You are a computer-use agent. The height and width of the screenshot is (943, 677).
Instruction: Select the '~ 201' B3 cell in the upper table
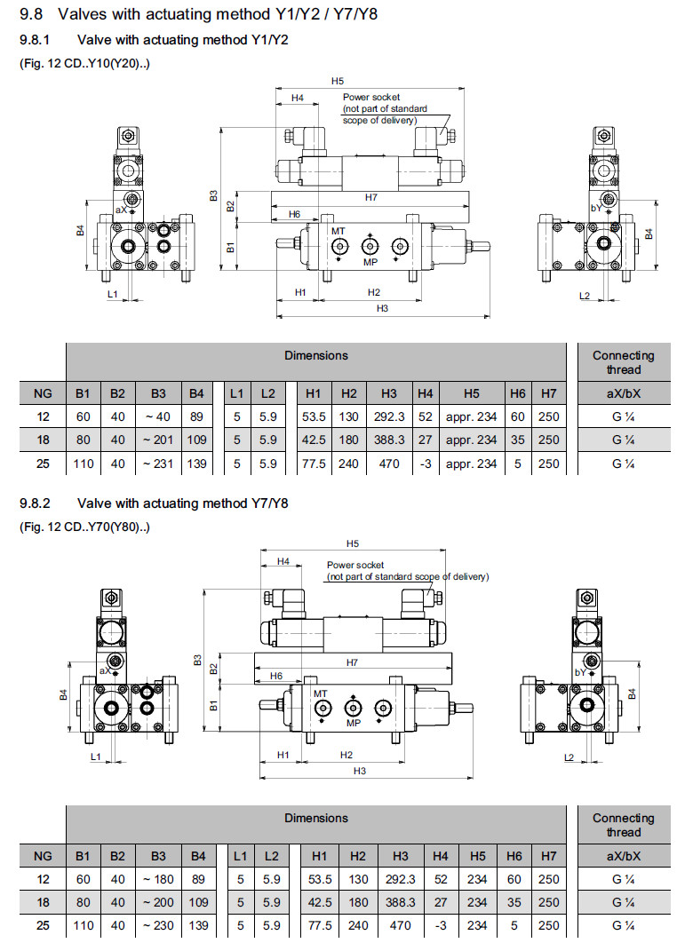(159, 440)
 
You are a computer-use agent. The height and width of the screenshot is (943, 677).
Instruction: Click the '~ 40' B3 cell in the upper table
(159, 416)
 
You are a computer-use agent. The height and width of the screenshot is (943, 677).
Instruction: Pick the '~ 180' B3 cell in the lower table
(159, 879)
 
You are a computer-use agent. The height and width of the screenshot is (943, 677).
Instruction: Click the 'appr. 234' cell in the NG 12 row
(472, 416)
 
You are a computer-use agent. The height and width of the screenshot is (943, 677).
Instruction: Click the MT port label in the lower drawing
(320, 693)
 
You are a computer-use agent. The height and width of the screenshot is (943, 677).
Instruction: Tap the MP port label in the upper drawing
(371, 262)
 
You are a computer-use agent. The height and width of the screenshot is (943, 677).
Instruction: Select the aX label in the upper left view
(121, 210)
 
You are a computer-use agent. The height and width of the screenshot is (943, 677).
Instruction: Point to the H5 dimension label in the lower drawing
(353, 543)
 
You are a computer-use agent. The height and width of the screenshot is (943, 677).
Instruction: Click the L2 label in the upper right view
(585, 294)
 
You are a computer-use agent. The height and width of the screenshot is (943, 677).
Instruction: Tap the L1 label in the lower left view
(96, 757)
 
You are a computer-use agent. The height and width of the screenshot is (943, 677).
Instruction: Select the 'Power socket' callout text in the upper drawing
(371, 97)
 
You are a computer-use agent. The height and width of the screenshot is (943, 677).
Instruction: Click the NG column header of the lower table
(43, 856)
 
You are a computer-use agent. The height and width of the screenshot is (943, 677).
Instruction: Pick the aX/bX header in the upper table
(623, 392)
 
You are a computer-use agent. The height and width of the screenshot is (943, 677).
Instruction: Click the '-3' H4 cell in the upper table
(426, 463)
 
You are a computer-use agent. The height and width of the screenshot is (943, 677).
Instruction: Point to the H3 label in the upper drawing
(383, 308)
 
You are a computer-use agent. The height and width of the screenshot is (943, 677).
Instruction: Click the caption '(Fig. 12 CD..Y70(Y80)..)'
(85, 527)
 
